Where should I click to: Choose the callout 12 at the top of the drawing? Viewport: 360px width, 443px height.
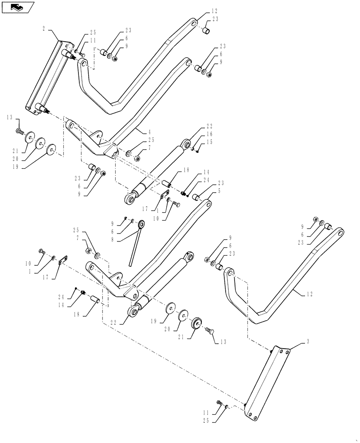point(215,10)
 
